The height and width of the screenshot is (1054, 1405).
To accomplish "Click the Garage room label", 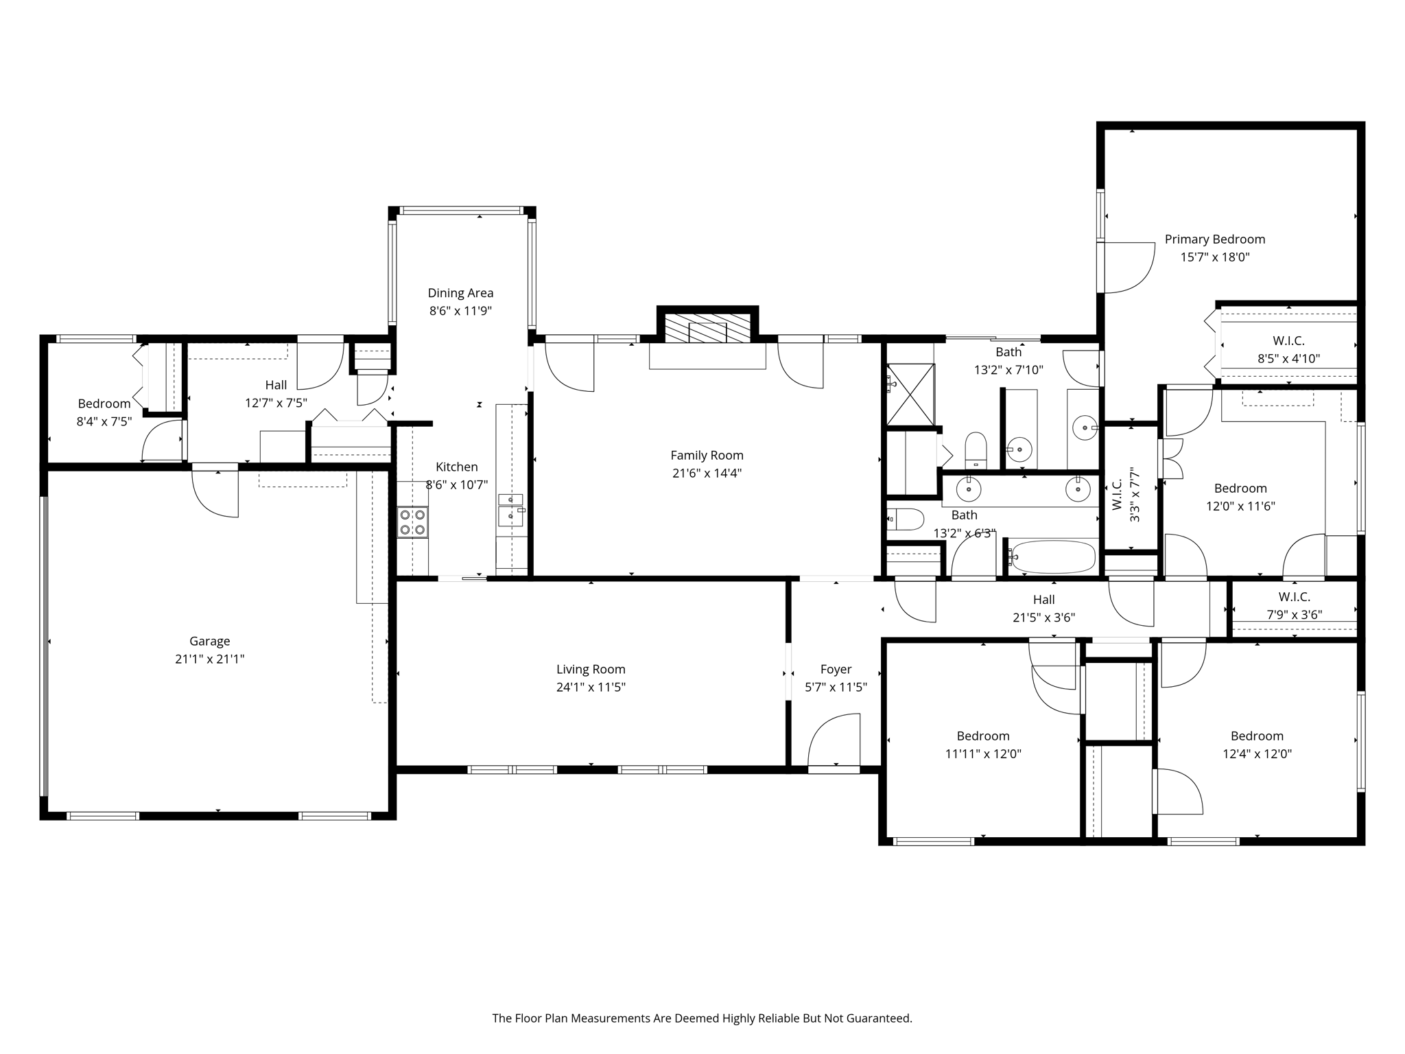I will coord(209,641).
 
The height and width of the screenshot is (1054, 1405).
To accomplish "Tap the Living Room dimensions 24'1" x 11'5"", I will coord(591,687).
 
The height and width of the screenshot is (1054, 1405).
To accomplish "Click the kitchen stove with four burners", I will coord(412,522).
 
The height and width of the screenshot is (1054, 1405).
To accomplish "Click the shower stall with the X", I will coord(911,395).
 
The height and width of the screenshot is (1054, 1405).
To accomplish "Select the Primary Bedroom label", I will coord(1214,239).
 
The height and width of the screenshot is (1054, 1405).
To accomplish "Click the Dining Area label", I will coord(460,293).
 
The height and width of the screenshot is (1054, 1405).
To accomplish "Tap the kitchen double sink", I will coord(510,508).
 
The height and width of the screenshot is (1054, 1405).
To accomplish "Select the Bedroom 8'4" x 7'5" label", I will coord(104,403).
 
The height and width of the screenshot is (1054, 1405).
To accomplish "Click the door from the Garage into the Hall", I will coord(215,491).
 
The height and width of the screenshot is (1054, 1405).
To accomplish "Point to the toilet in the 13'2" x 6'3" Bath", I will coord(906,519).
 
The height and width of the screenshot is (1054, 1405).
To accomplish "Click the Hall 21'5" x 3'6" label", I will coord(1043,600).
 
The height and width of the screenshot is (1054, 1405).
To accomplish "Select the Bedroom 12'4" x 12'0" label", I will coord(1257,736).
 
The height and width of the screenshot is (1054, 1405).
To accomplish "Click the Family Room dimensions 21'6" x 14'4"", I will coord(707,473).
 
